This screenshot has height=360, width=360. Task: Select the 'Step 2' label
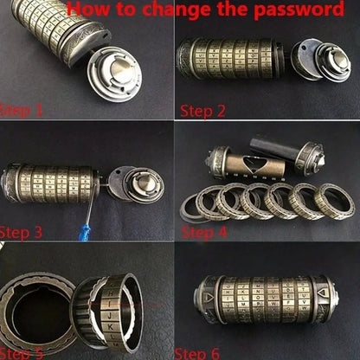tap(203, 111)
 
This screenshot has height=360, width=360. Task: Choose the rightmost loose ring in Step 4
tap(336, 201)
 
